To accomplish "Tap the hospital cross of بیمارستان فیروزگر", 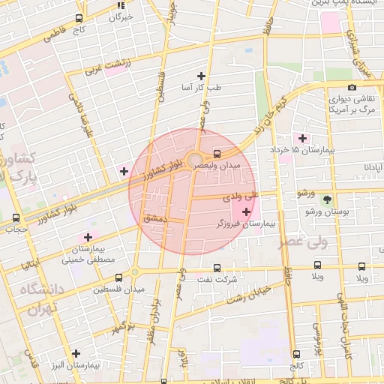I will [x=247, y=212].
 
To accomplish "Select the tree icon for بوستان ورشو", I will [x=326, y=199].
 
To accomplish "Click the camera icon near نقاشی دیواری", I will [x=331, y=88].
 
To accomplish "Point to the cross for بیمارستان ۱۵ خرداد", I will [x=302, y=138].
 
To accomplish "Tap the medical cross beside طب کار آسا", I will [x=200, y=76].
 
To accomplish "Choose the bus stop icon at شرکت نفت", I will [x=217, y=268].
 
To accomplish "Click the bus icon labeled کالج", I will [x=296, y=355].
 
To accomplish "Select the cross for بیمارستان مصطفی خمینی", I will [x=87, y=237].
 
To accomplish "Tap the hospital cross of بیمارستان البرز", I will [x=76, y=353].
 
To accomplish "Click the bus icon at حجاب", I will [x=16, y=217].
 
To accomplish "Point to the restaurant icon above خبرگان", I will [x=120, y=4].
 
